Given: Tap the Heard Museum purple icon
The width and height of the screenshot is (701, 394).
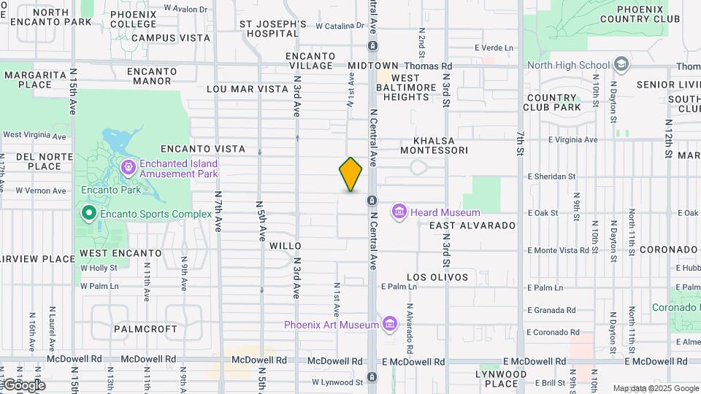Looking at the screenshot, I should [x=399, y=212].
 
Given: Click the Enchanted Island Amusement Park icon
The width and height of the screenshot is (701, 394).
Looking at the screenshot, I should [x=129, y=169].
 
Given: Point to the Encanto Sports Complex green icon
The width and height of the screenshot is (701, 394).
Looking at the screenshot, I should [x=88, y=214].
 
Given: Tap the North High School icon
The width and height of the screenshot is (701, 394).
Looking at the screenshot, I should [x=621, y=65].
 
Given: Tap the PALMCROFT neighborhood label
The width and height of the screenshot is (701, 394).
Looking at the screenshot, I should [x=145, y=329].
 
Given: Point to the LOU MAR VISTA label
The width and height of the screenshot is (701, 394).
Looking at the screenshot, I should [x=248, y=88].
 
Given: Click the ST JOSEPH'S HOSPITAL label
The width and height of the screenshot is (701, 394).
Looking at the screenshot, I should [x=272, y=28].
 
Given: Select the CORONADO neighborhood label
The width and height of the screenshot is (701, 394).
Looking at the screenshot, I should [x=668, y=250].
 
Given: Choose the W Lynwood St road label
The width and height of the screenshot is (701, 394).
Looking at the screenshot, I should [x=337, y=382].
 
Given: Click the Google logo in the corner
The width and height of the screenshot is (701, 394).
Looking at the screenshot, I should [x=23, y=385].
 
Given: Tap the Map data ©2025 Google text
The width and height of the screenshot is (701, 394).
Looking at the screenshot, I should [x=655, y=388].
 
